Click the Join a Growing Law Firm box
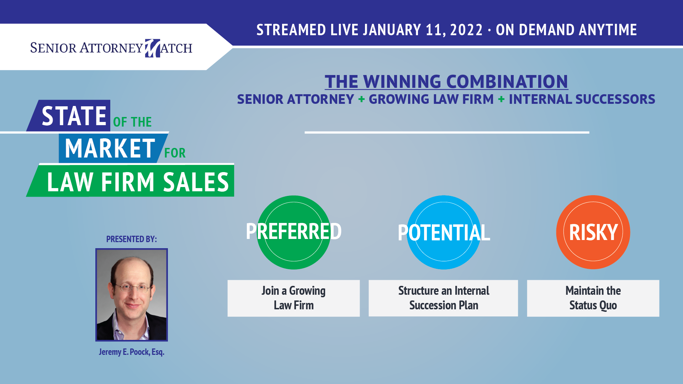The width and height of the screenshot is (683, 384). pyautogui.click(x=293, y=298)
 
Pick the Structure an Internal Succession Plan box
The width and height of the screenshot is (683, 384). pyautogui.click(x=443, y=298)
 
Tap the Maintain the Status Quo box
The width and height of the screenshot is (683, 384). pyautogui.click(x=593, y=298)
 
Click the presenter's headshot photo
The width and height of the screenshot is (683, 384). pyautogui.click(x=132, y=295)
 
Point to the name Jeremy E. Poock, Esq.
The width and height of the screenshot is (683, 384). pyautogui.click(x=132, y=352)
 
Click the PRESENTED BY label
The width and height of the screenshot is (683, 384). pyautogui.click(x=132, y=239)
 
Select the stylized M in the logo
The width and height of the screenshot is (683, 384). pyautogui.click(x=152, y=48)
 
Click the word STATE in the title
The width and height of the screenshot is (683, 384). pyautogui.click(x=74, y=116)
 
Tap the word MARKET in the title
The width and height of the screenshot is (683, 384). pyautogui.click(x=110, y=148)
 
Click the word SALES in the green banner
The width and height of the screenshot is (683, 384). pyautogui.click(x=196, y=182)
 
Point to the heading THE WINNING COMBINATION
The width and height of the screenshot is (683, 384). pyautogui.click(x=446, y=82)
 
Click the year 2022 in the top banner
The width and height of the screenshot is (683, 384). pyautogui.click(x=466, y=30)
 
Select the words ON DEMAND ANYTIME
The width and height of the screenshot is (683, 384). pyautogui.click(x=566, y=30)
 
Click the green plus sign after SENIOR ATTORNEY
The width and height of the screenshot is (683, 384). pyautogui.click(x=362, y=99)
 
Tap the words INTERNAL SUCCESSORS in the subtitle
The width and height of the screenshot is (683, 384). pyautogui.click(x=582, y=99)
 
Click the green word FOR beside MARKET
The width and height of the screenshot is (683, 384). pyautogui.click(x=175, y=153)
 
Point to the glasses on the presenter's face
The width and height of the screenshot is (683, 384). pyautogui.click(x=132, y=287)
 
